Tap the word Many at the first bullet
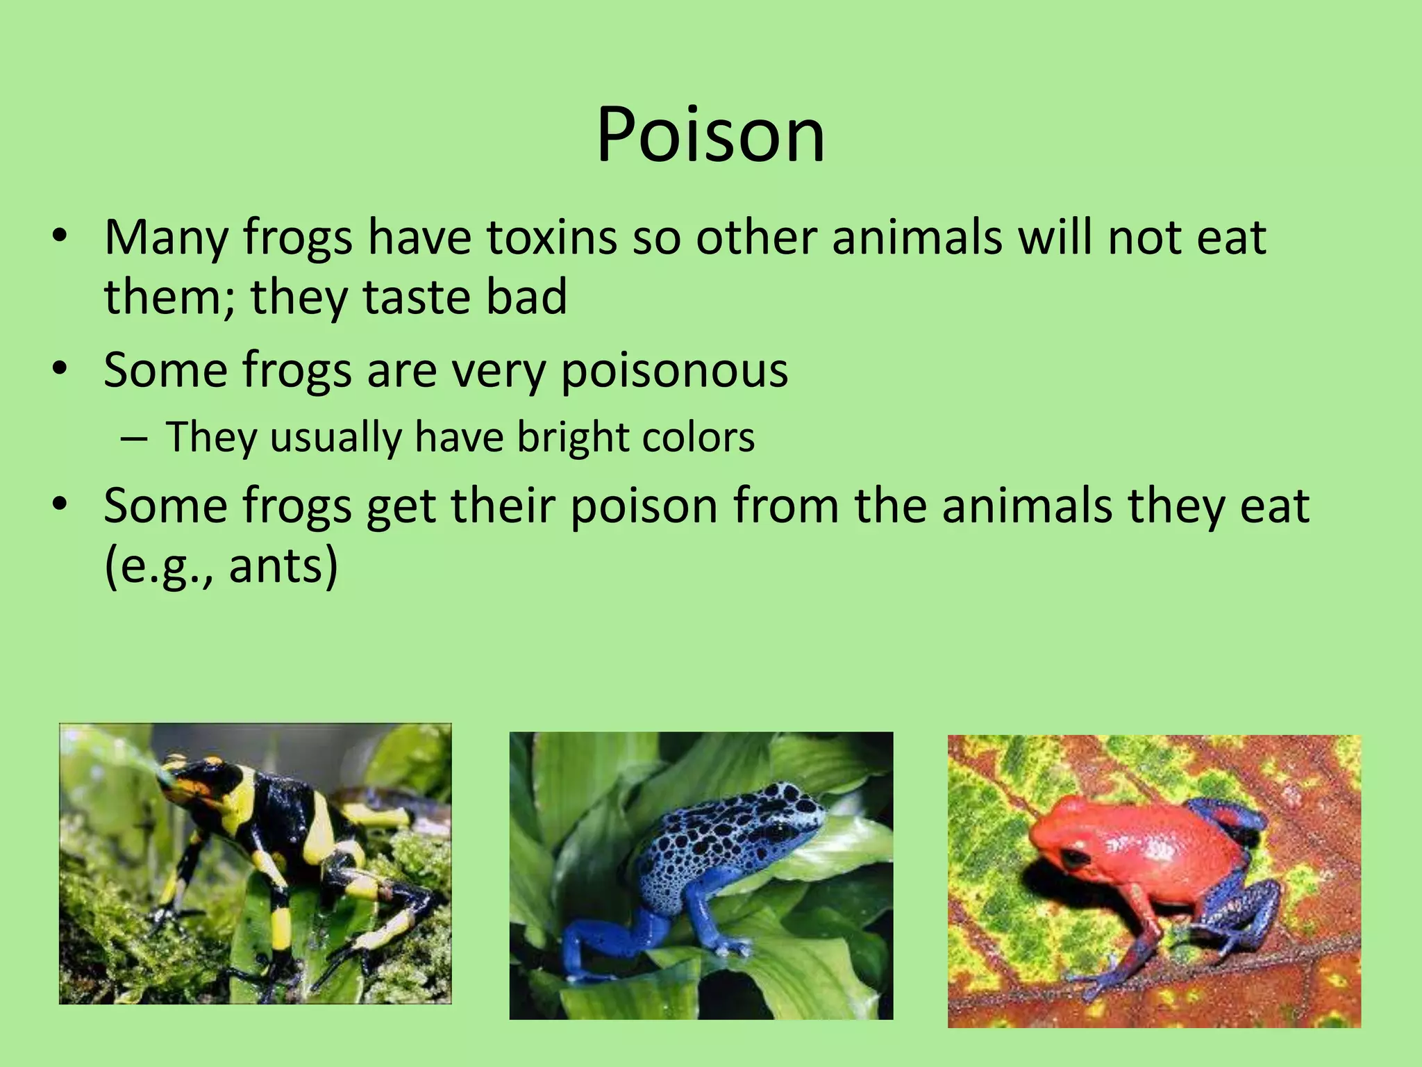pos(166,238)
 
